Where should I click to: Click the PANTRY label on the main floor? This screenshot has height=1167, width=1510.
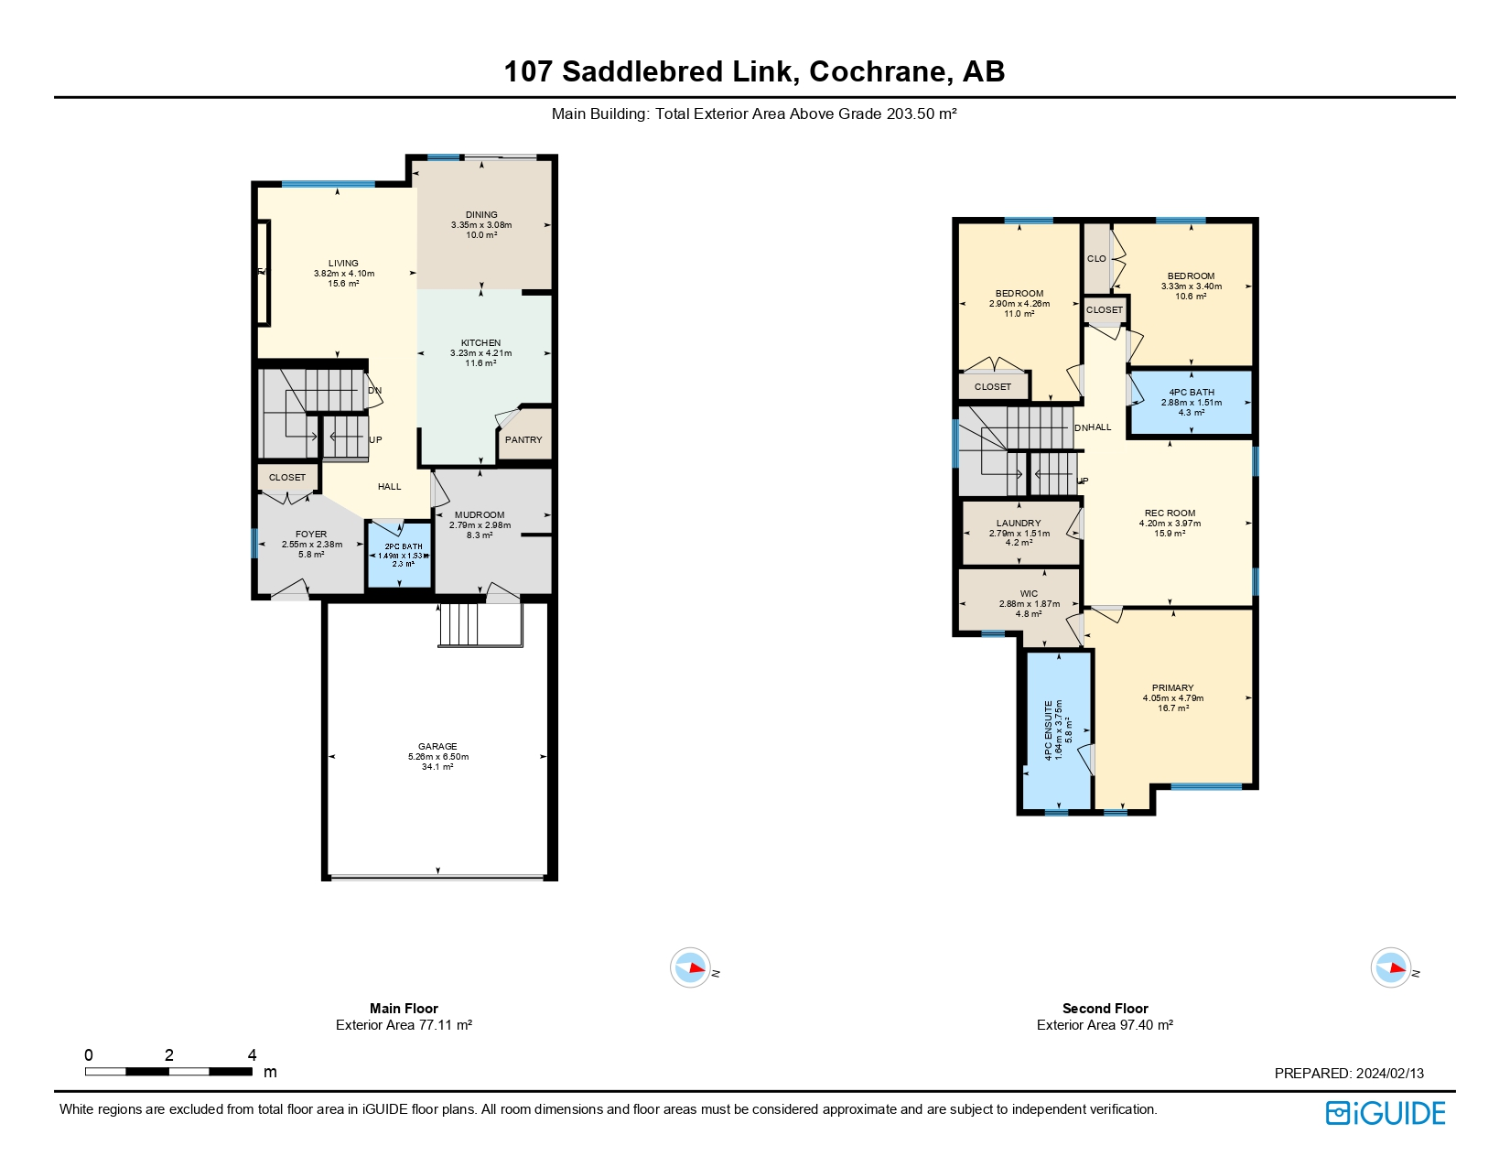[x=523, y=439]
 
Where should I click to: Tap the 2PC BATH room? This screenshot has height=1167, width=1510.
[x=400, y=556]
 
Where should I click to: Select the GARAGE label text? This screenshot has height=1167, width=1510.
[x=437, y=746]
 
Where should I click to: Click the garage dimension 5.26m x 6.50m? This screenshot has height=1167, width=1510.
[x=437, y=757]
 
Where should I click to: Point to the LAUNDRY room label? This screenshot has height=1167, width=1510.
[x=1019, y=524]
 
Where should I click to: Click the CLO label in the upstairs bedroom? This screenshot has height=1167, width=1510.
[x=1096, y=258]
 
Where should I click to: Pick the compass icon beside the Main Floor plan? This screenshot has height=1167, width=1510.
[x=690, y=967]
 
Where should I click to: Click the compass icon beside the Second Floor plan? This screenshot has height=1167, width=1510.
[x=1390, y=967]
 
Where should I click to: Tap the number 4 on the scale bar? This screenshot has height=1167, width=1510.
[x=252, y=1055]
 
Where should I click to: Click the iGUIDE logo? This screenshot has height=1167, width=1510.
[x=1385, y=1113]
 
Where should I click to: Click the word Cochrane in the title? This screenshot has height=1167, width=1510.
[x=878, y=71]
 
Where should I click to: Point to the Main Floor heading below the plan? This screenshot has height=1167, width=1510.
[x=404, y=1008]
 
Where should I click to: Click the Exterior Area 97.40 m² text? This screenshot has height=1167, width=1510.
[x=1105, y=1025]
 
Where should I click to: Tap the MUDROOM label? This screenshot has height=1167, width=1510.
[x=480, y=514]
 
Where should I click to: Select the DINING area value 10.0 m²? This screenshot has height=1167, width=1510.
[x=481, y=235]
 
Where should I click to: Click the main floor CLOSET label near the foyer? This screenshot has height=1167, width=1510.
[x=287, y=477]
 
